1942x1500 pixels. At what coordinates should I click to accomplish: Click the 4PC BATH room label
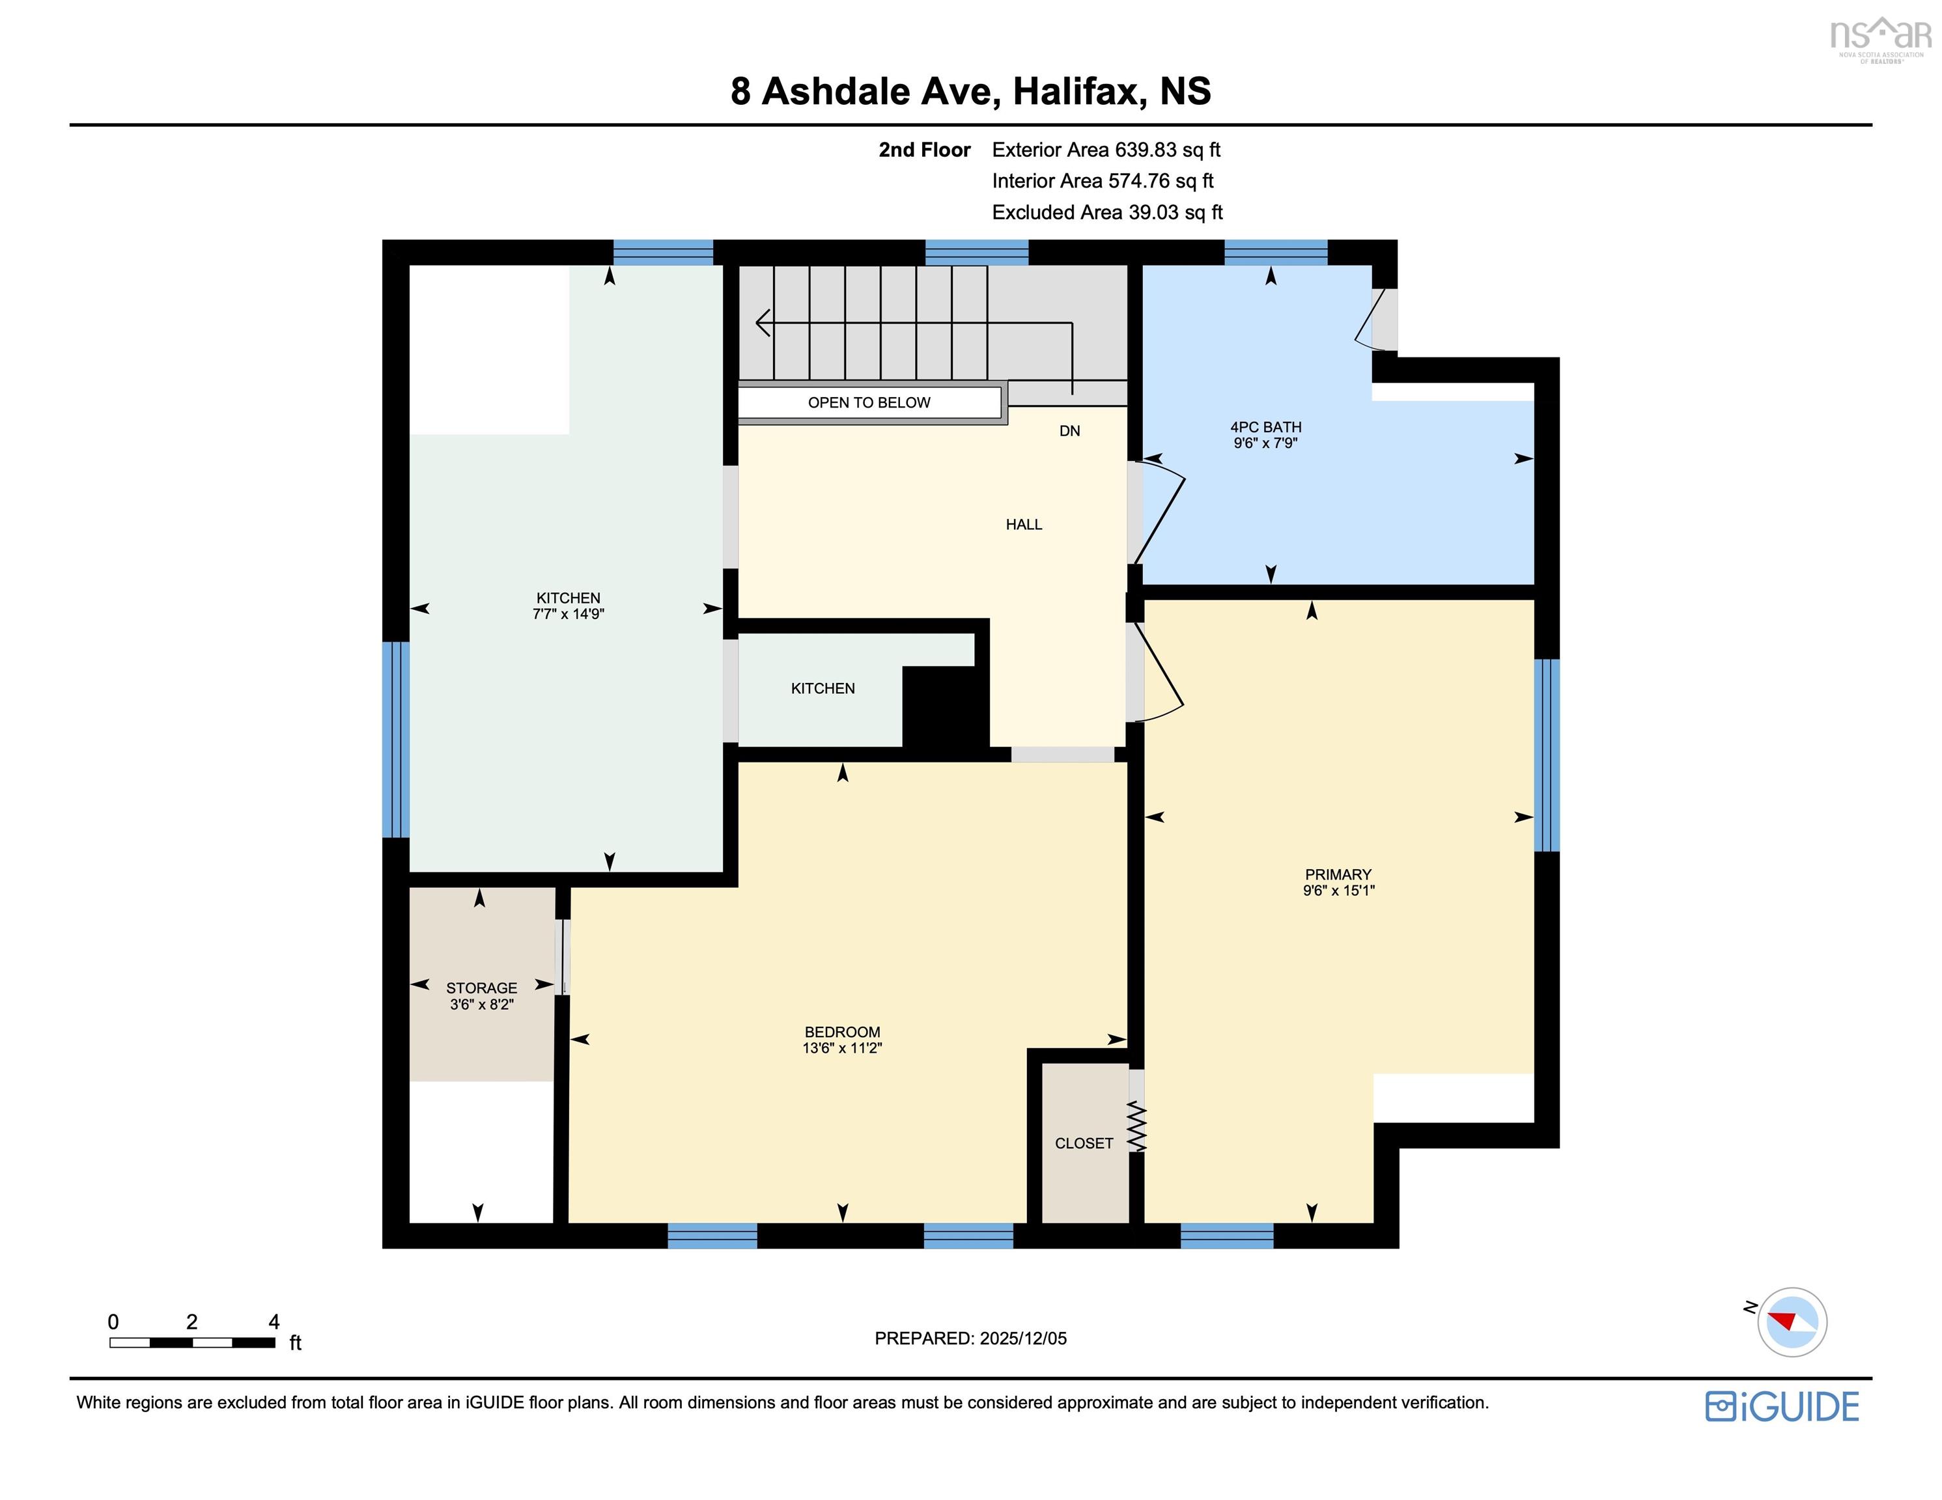point(1265,428)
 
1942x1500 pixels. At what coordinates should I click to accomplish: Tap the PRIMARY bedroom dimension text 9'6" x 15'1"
point(1338,890)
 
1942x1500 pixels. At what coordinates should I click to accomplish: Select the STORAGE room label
point(481,988)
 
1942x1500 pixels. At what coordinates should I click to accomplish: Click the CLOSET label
point(1083,1143)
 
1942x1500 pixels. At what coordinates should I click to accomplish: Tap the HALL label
point(1024,525)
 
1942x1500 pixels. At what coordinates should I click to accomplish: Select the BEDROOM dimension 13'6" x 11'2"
point(841,1048)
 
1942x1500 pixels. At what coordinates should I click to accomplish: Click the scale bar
point(192,1342)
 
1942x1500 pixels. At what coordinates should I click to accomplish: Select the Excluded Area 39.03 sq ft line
point(1107,212)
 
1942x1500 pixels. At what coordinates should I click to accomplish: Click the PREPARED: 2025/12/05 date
point(970,1338)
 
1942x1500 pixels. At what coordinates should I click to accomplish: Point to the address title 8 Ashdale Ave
point(970,92)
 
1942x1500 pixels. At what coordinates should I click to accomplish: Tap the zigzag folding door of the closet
point(1137,1128)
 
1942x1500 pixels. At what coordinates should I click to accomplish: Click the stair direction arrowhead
point(761,323)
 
